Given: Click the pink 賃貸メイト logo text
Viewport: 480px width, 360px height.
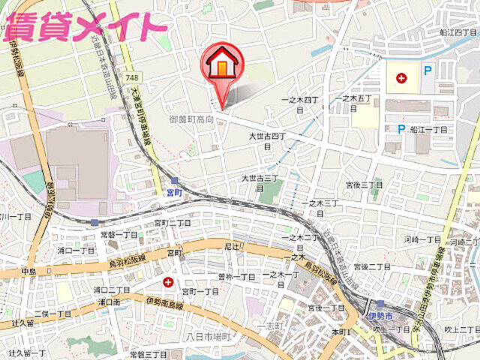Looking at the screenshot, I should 84,27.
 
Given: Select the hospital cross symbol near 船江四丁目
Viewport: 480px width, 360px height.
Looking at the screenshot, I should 402,77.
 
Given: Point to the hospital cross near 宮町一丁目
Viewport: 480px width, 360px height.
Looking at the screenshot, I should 167,282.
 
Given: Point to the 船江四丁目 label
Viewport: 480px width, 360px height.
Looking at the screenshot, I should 458,32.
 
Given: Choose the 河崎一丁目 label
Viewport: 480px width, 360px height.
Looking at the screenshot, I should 423,239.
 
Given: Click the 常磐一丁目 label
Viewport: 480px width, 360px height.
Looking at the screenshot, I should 119,235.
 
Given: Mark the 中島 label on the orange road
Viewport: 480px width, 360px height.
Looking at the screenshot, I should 28,271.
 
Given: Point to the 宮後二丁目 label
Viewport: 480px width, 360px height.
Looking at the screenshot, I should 372,267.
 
